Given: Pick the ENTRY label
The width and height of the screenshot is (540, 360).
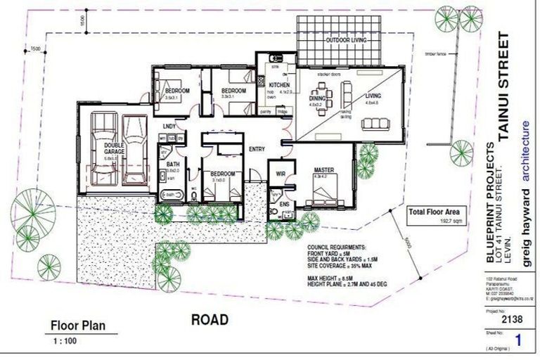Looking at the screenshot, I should click(257, 148).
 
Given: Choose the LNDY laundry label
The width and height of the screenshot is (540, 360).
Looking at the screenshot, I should click(169, 127).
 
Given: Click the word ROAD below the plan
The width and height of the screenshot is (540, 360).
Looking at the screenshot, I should click(210, 320).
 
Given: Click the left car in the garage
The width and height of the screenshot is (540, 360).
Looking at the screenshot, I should click(103, 148).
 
